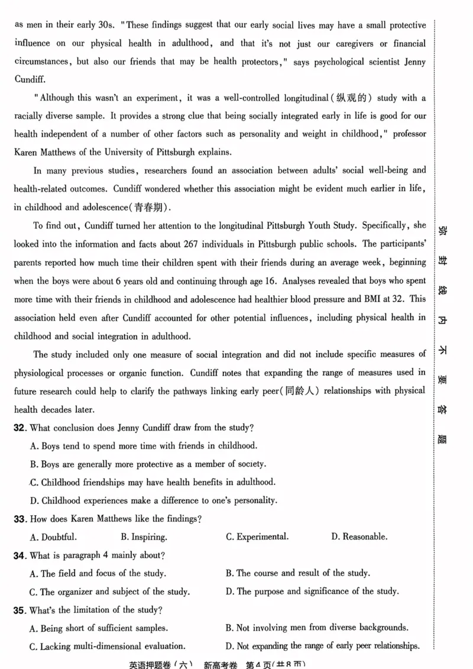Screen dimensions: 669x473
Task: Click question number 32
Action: [19, 427]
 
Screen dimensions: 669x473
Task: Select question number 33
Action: [19, 519]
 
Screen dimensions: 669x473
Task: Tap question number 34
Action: [19, 555]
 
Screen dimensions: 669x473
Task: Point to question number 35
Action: [19, 610]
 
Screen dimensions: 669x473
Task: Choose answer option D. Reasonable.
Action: [359, 537]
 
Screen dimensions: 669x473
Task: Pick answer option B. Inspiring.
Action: [144, 537]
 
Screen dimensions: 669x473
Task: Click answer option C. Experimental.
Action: [258, 537]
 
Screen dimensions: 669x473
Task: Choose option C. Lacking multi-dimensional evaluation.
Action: [108, 646]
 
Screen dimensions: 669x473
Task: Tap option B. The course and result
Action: [298, 573]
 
